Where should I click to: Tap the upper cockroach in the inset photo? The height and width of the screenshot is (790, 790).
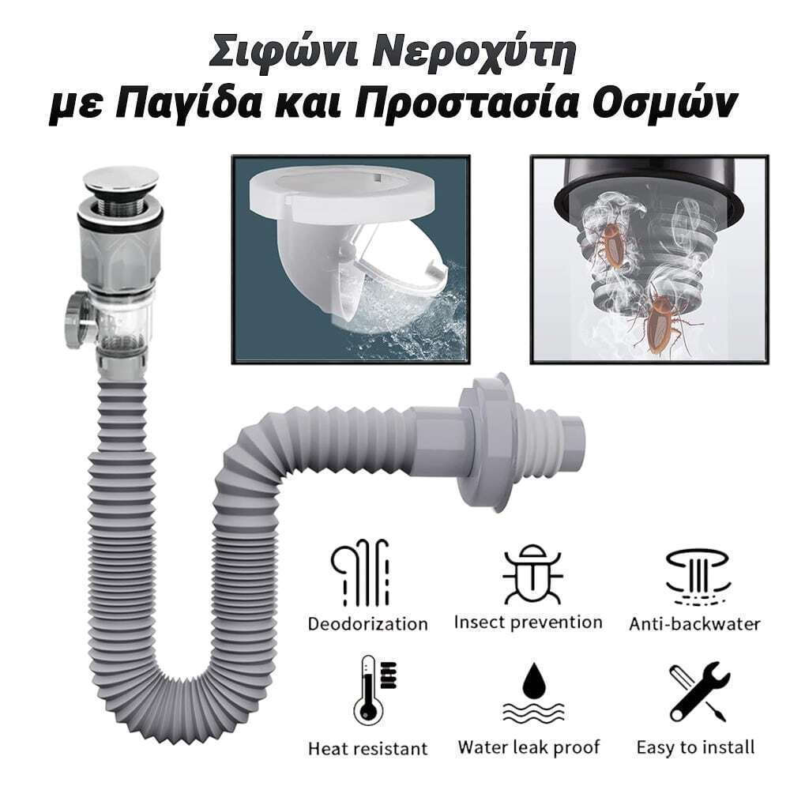coord(615,243)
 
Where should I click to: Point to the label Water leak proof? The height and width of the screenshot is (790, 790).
coord(529,747)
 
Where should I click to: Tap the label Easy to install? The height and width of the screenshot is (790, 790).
coord(695,747)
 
